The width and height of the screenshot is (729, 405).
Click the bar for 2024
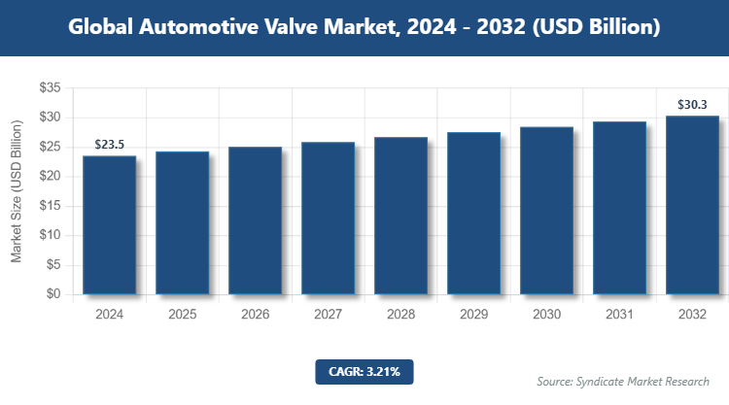pyautogui.click(x=109, y=224)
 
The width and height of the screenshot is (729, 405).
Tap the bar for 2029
pyautogui.click(x=473, y=213)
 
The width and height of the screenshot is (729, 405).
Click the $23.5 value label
pyautogui.click(x=109, y=144)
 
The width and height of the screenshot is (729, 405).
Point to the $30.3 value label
pyautogui.click(x=692, y=104)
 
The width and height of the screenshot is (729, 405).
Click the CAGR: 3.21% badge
pyautogui.click(x=364, y=371)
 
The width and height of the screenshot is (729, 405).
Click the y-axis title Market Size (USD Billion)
pyautogui.click(x=17, y=191)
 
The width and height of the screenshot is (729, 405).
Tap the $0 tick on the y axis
pyautogui.click(x=54, y=294)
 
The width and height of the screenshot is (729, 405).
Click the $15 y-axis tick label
pyautogui.click(x=51, y=206)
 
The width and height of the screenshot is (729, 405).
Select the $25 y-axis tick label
pyautogui.click(x=51, y=147)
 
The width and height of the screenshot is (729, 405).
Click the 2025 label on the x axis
pyautogui.click(x=182, y=314)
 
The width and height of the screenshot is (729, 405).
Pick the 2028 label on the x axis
pyautogui.click(x=400, y=314)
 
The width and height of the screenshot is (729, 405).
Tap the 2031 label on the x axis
pyautogui.click(x=619, y=314)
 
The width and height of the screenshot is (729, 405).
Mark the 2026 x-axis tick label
pyautogui.click(x=255, y=314)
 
